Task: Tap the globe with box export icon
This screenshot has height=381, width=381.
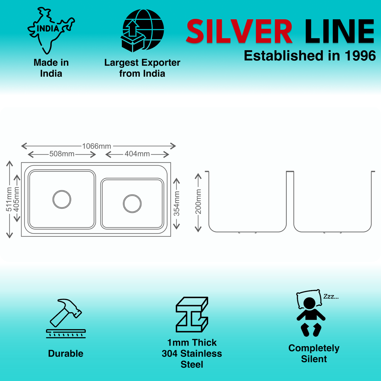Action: coord(143,31)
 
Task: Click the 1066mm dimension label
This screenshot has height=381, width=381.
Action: coord(97,146)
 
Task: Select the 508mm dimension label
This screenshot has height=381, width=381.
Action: coord(62,154)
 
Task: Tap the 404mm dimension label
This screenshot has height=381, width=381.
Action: coord(137,154)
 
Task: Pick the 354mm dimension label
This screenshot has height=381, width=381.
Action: coord(176,204)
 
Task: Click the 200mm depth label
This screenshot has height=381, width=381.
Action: coord(198,202)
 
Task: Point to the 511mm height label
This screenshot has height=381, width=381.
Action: coord(9,199)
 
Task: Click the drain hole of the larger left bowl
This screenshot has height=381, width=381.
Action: coord(62,199)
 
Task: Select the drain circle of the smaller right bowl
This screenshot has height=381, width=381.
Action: coord(132,204)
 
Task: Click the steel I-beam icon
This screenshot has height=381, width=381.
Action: coord(192,314)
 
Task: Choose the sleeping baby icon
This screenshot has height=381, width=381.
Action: coord(311,314)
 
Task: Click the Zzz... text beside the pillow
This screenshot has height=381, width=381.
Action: coord(331,297)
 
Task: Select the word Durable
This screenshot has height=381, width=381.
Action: coord(66,354)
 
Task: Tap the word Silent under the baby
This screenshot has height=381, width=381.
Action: coord(314,359)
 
